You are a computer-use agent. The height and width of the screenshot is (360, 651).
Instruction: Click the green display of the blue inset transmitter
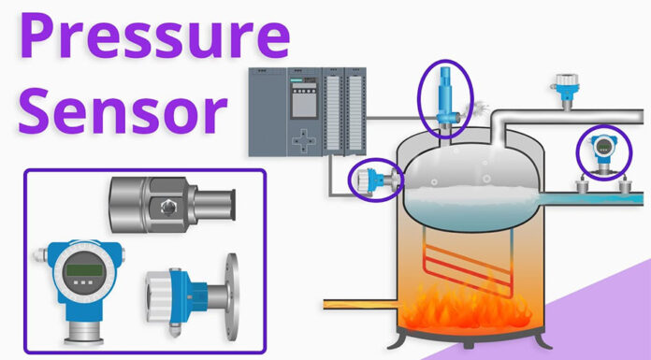(x=80, y=270)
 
